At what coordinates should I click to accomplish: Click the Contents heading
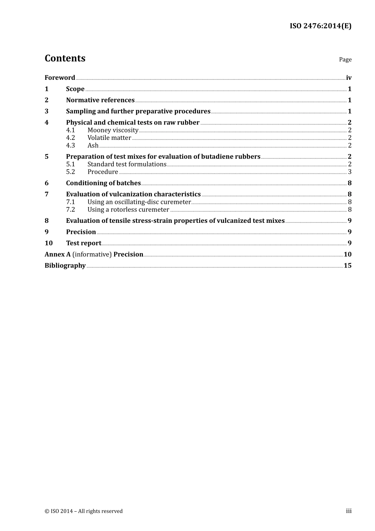pyautogui.click(x=65, y=58)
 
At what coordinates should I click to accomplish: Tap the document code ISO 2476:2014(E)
pyautogui.click(x=320, y=26)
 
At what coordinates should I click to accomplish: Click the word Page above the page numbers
pyautogui.click(x=345, y=60)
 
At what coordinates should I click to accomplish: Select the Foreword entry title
pyautogui.click(x=60, y=78)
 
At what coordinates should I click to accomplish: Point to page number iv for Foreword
pyautogui.click(x=349, y=78)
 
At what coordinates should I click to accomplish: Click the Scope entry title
pyautogui.click(x=75, y=89)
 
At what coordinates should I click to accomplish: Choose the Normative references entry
pyautogui.click(x=100, y=100)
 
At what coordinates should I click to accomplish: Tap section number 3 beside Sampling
pyautogui.click(x=47, y=111)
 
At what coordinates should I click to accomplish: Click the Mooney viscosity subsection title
pyautogui.click(x=113, y=130)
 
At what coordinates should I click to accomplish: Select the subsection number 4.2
pyautogui.click(x=70, y=138)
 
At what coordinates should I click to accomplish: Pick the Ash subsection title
pyautogui.click(x=93, y=145)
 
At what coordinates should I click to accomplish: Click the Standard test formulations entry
pyautogui.click(x=127, y=164)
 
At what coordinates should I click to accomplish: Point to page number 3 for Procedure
pyautogui.click(x=350, y=172)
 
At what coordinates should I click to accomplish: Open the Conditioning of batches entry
pyautogui.click(x=103, y=183)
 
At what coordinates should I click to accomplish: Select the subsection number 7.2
pyautogui.click(x=70, y=210)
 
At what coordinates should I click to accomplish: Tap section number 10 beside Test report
pyautogui.click(x=49, y=243)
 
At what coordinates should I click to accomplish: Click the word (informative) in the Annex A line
pyautogui.click(x=92, y=254)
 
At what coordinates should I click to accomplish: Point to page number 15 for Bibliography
pyautogui.click(x=347, y=265)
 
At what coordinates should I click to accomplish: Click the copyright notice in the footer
pyautogui.click(x=84, y=511)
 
